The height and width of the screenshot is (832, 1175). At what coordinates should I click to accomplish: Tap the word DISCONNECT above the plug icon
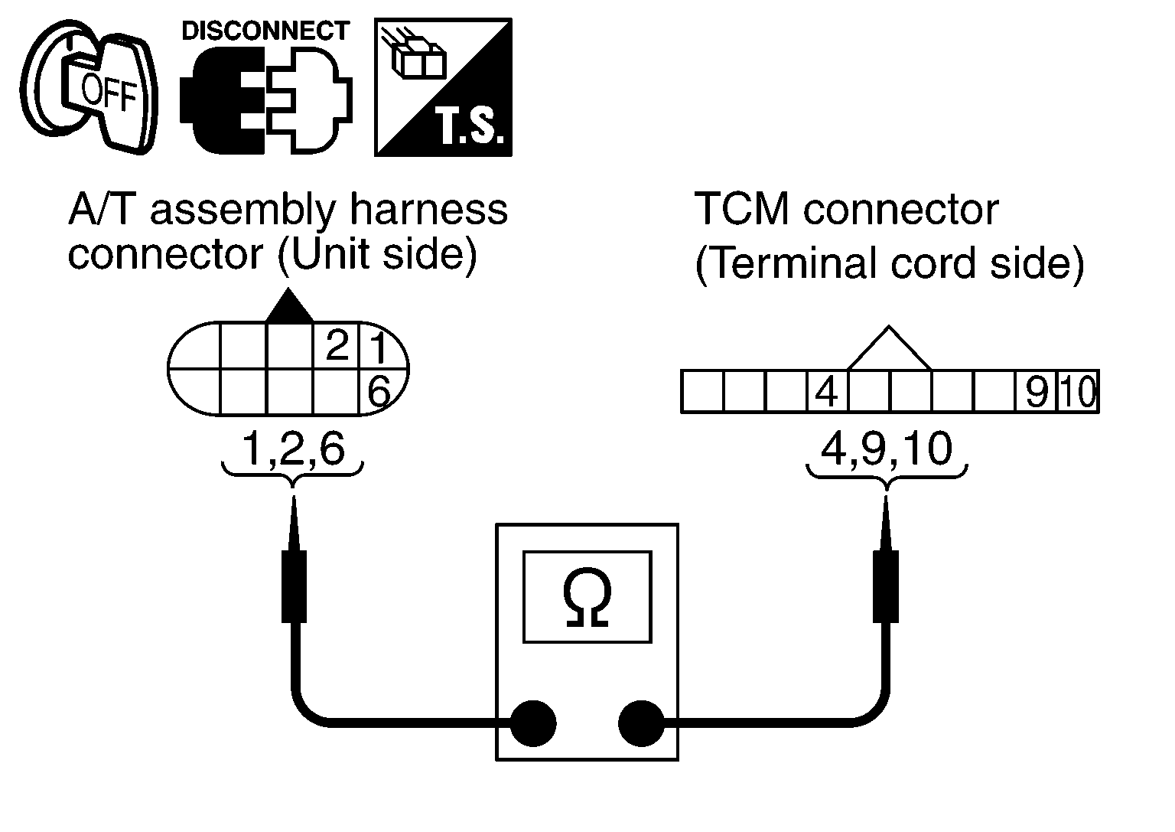coord(265,31)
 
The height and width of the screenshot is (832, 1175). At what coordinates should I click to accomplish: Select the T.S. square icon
coord(443,87)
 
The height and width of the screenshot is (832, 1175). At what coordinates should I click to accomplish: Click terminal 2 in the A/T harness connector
coord(337,346)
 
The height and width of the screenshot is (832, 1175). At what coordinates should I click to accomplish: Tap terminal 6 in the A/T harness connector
coord(379,392)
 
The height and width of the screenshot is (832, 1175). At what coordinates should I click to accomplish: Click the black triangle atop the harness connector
coord(289,305)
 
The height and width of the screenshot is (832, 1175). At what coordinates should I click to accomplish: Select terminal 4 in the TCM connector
coord(827,392)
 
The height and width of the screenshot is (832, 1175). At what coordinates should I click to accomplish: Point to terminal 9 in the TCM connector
coord(1037,392)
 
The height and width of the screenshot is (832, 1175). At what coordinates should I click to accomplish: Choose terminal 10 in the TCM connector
coord(1078,392)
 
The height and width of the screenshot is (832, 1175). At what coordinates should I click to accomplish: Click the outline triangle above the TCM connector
coord(889,348)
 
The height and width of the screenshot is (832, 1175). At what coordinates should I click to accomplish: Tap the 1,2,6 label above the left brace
coord(293,449)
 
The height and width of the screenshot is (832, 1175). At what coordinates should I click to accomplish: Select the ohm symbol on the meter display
coord(587,597)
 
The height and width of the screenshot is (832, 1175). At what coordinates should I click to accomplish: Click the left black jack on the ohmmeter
coord(533,723)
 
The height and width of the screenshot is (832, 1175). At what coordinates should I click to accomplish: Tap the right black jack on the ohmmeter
coord(642,723)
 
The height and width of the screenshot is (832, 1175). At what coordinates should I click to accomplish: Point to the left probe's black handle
coord(295,586)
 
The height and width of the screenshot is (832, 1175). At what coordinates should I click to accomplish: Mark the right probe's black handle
coord(886,586)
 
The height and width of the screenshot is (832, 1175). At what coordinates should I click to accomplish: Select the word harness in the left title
coord(428,210)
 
